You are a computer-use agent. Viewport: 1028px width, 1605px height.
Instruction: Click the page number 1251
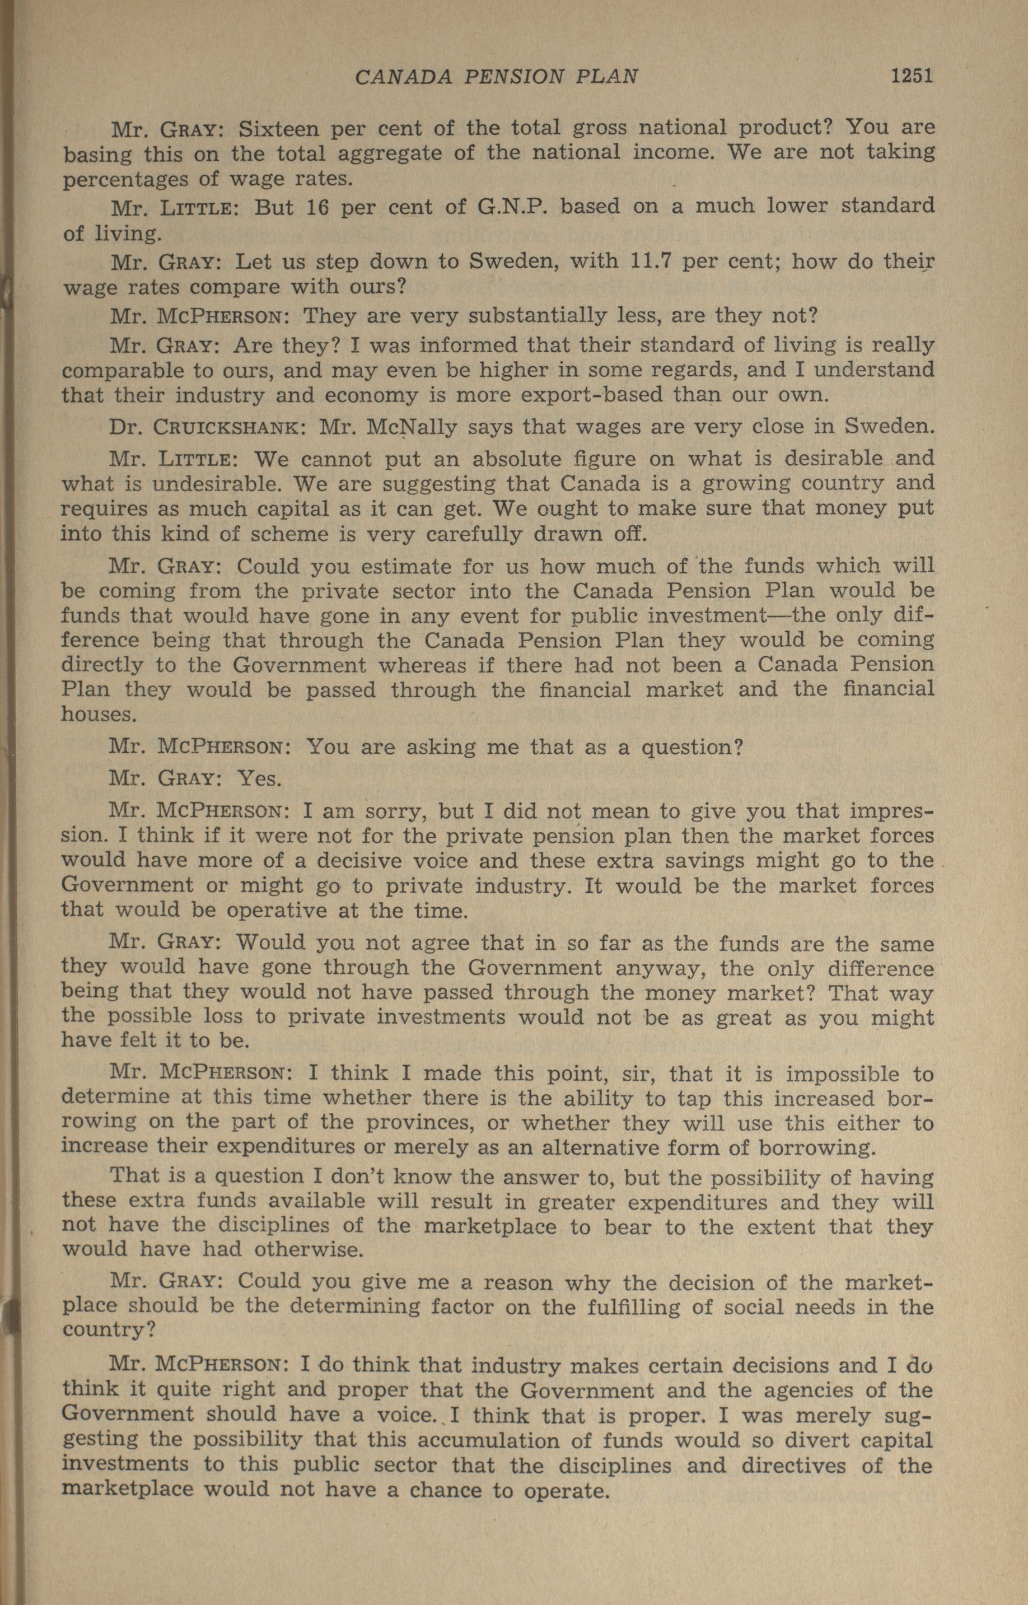tap(910, 76)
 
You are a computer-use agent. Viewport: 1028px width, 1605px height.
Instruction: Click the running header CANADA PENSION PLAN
tap(496, 77)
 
